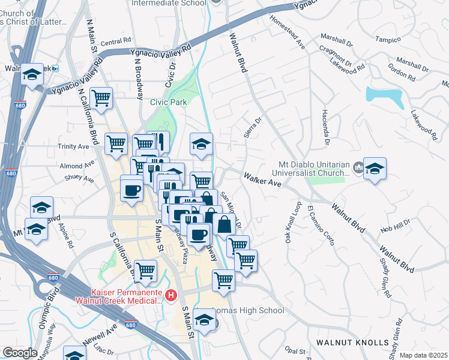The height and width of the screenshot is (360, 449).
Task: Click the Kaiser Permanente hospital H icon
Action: [x=171, y=295]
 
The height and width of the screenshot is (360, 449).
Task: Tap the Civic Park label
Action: [x=169, y=102]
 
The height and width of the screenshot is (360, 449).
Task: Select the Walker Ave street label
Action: [x=262, y=179]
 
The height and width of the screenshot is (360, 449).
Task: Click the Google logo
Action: [x=19, y=353]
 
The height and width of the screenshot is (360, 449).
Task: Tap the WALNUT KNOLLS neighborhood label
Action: [x=353, y=343]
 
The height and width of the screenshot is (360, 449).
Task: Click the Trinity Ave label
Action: [x=74, y=146]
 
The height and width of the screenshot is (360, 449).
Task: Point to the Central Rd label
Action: [x=115, y=42]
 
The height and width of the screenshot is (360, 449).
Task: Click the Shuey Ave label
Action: [x=80, y=178]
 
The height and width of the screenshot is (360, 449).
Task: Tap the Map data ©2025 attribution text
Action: [x=423, y=355]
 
